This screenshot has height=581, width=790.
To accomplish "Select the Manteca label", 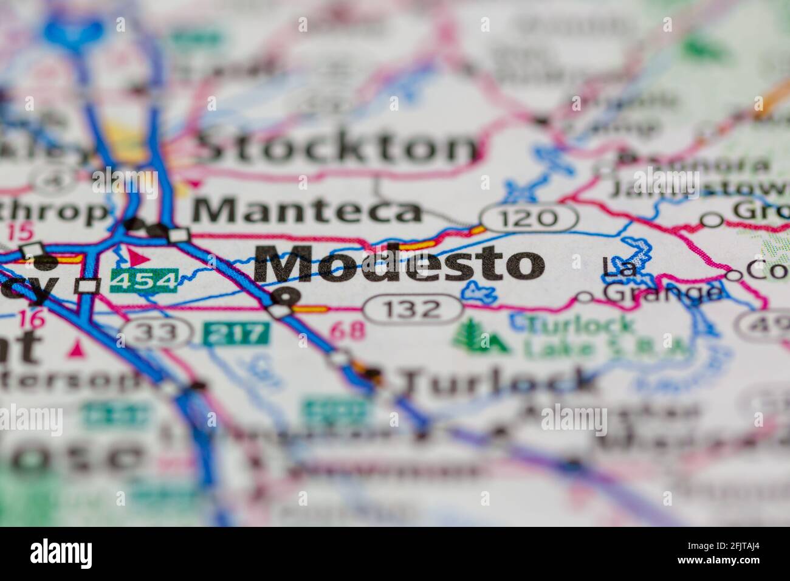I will (x=307, y=211).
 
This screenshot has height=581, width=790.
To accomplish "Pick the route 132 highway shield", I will (x=413, y=309).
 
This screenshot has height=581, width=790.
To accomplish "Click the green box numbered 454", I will (x=143, y=281).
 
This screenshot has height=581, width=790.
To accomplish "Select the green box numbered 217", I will (x=236, y=333).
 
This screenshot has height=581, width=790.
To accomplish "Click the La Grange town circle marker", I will (x=585, y=297).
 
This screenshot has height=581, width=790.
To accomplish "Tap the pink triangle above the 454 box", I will (x=139, y=257).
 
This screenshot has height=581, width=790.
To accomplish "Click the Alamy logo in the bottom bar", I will (x=61, y=554).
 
